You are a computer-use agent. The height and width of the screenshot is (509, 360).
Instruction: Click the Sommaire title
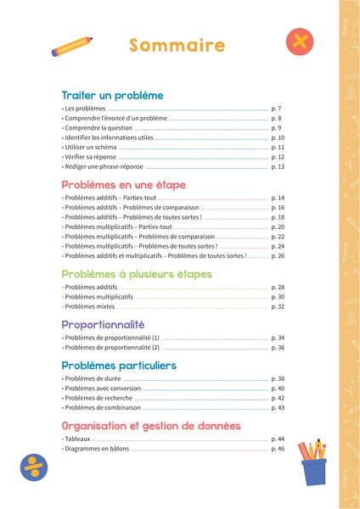[177, 46]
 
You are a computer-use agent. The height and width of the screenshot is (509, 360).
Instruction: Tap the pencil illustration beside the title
[71, 46]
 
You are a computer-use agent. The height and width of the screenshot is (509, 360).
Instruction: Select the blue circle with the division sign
[33, 467]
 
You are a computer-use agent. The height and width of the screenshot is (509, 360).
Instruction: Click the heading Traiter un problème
[112, 96]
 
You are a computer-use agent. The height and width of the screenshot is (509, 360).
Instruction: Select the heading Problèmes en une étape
[123, 184]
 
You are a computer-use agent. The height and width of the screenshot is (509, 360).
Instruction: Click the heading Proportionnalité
[103, 324]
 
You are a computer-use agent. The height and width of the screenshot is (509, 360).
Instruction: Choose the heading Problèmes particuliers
[119, 366]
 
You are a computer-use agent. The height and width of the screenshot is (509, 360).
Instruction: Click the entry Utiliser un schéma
[92, 147]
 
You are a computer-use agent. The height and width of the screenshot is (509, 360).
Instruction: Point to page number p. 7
[276, 109]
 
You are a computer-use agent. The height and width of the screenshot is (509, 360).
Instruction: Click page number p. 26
[278, 255]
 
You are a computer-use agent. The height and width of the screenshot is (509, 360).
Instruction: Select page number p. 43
[278, 408]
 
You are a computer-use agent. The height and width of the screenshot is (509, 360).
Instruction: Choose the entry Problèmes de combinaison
[106, 408]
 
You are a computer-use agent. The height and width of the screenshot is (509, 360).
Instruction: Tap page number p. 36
[278, 347]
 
